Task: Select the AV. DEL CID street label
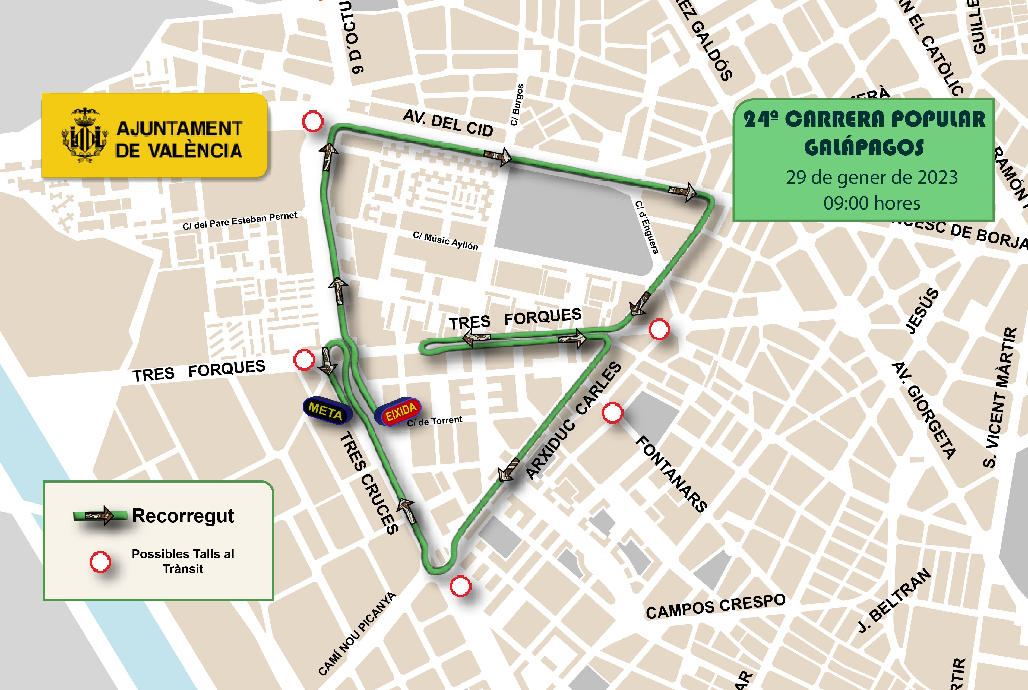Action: pyautogui.click(x=448, y=123)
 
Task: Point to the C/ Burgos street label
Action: pyautogui.click(x=517, y=105)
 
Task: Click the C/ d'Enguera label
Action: pyautogui.click(x=646, y=227)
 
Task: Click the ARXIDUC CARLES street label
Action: pyautogui.click(x=573, y=421)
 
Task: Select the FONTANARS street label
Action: pyautogui.click(x=671, y=474)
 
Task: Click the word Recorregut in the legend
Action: pyautogui.click(x=183, y=515)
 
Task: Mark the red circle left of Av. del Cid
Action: pyautogui.click(x=313, y=121)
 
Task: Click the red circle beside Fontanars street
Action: pyautogui.click(x=612, y=413)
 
